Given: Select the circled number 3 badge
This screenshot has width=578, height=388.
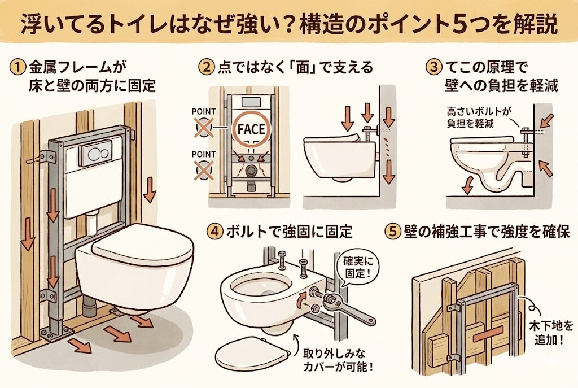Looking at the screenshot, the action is click(434, 67).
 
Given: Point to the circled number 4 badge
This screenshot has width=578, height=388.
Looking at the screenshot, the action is click(214, 232).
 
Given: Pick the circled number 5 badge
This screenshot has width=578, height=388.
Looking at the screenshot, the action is click(392, 232).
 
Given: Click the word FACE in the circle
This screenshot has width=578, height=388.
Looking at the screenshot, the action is click(251, 129).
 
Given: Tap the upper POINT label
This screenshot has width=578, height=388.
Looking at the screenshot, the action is click(203, 111).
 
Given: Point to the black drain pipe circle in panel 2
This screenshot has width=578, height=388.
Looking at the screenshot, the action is click(252, 171).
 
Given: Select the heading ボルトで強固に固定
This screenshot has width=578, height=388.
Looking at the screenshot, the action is click(290, 232).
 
